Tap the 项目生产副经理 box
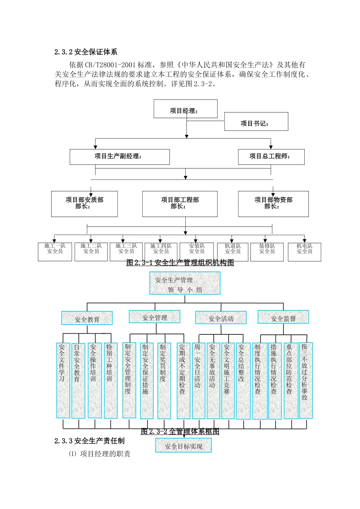pyautogui.click(x=119, y=157)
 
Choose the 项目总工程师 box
pyautogui.click(x=271, y=157)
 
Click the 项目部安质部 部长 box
pyautogui.click(x=84, y=204)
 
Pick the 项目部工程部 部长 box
pyautogui.click(x=180, y=204)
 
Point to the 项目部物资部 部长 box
pyautogui.click(x=273, y=204)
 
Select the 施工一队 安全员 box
pyautogui.click(x=55, y=252)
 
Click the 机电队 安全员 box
pyautogui.click(x=304, y=252)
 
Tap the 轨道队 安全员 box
pyautogui.click(x=233, y=252)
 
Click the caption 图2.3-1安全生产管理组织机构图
pyautogui.click(x=180, y=262)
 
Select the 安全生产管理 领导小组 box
pyautogui.click(x=185, y=284)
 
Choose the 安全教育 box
pyautogui.click(x=87, y=319)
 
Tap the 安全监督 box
pyautogui.click(x=283, y=317)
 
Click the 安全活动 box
pyautogui.click(x=221, y=318)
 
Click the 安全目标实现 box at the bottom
pyautogui.click(x=183, y=446)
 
